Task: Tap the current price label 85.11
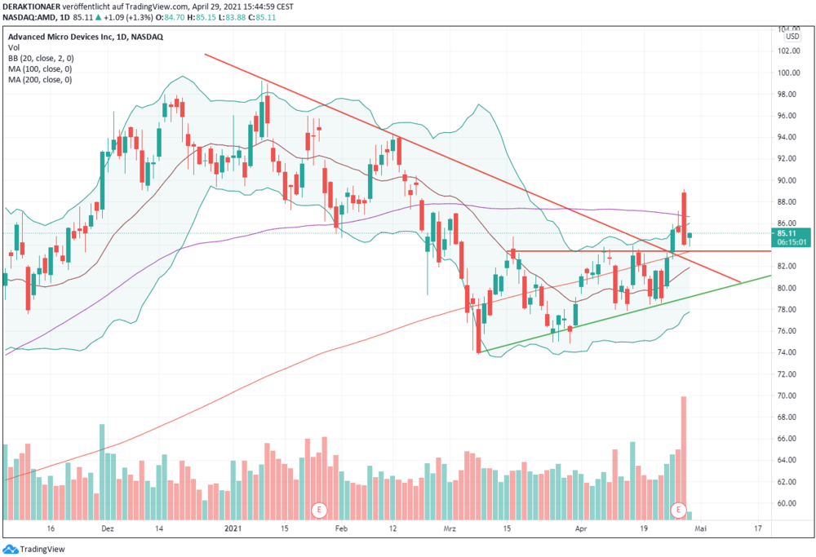787,233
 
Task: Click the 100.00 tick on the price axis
788,73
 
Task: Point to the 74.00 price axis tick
788,352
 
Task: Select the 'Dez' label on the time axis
107,528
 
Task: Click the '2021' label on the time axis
233,528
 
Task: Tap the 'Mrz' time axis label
450,528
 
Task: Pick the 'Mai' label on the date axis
700,528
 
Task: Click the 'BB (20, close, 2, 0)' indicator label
41,58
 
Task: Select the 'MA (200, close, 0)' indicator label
40,80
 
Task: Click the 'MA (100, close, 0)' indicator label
40,69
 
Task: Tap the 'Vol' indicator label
14,48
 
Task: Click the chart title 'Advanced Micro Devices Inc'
60,37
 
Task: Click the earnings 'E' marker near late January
319,510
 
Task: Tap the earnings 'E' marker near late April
678,510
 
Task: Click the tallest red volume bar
684,458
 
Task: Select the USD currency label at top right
792,37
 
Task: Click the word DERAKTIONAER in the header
32,7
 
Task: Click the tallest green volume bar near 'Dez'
102,471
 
